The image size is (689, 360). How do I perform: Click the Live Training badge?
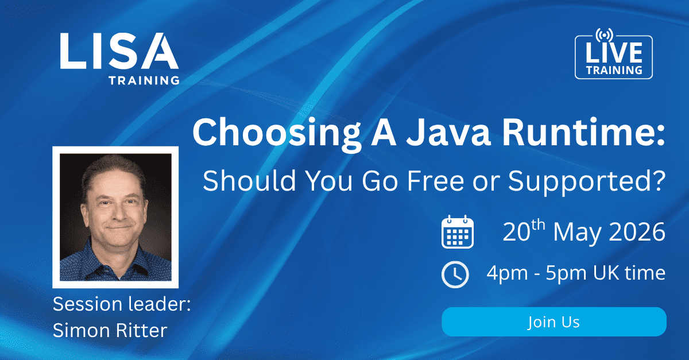tap(613, 57)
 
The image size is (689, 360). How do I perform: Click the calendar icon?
tap(457, 233)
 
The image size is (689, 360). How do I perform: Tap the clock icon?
tap(455, 274)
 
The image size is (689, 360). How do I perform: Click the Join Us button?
tap(553, 322)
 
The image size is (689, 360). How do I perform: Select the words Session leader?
tap(121, 304)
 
